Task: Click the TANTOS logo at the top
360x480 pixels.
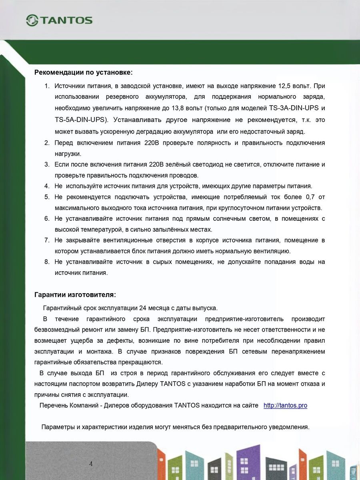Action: [59, 20]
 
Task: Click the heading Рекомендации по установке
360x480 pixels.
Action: [83, 72]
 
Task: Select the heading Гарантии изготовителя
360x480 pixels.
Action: [75, 295]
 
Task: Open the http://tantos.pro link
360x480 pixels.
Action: [285, 405]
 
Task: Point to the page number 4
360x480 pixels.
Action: [91, 464]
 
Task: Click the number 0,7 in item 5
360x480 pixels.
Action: [310, 197]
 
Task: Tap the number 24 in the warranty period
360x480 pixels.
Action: [142, 308]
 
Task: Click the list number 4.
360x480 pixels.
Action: [47, 186]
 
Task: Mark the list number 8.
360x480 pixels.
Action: [47, 262]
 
